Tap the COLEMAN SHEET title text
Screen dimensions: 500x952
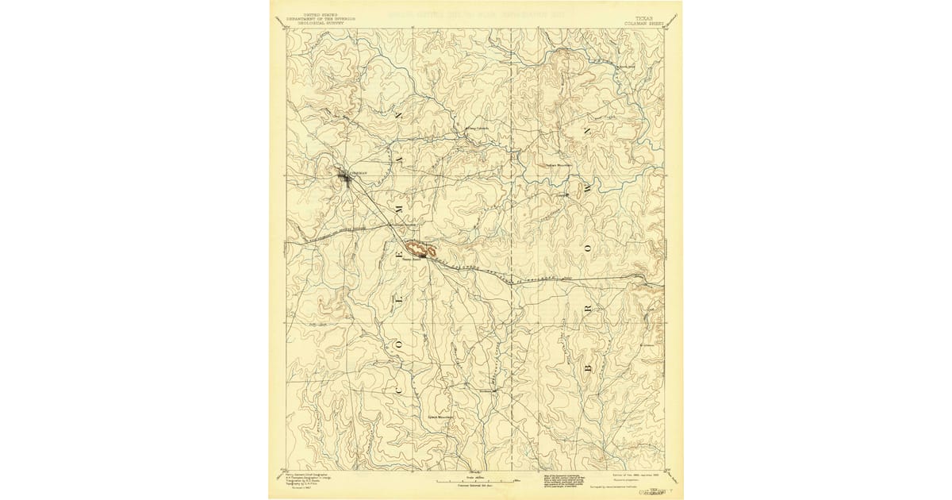pos(643,24)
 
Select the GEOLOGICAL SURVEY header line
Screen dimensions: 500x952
pos(321,24)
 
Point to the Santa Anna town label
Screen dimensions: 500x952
pos(410,258)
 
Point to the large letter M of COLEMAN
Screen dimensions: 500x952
pos(398,204)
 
